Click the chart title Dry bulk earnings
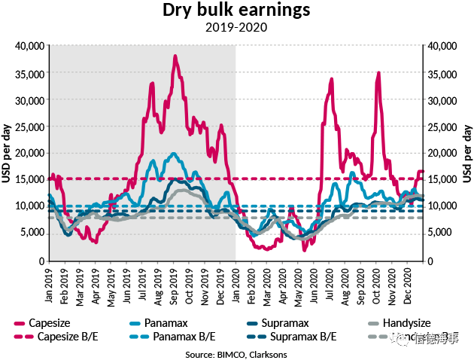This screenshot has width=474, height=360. [x=237, y=11]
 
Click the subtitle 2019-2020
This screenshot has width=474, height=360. [x=237, y=28]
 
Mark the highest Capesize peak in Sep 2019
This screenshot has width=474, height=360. [x=175, y=56]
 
